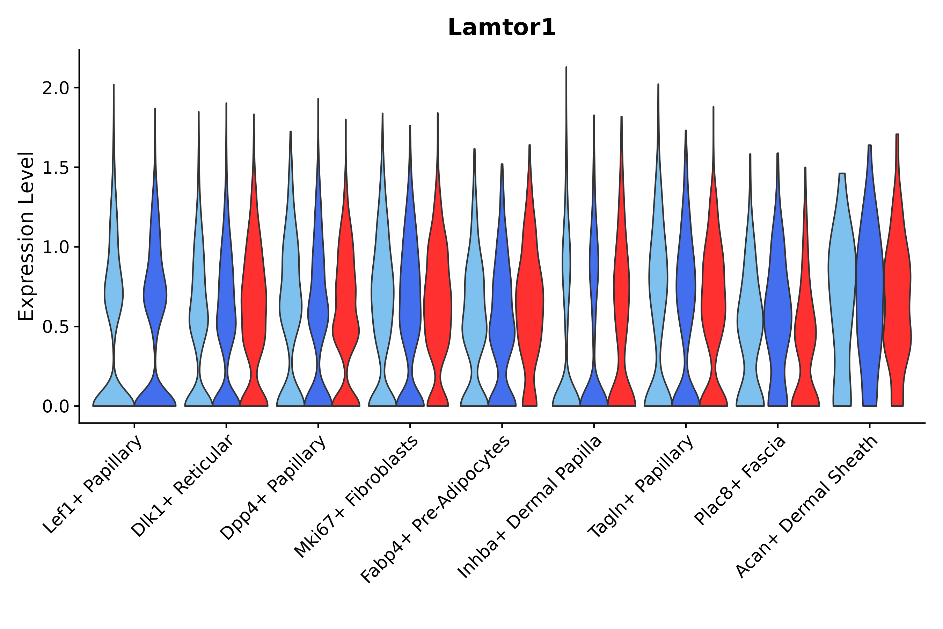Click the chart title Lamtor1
pyautogui.click(x=502, y=28)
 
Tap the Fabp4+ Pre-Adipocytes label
pyautogui.click(x=436, y=509)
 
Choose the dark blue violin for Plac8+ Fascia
pyautogui.click(x=777, y=313)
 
